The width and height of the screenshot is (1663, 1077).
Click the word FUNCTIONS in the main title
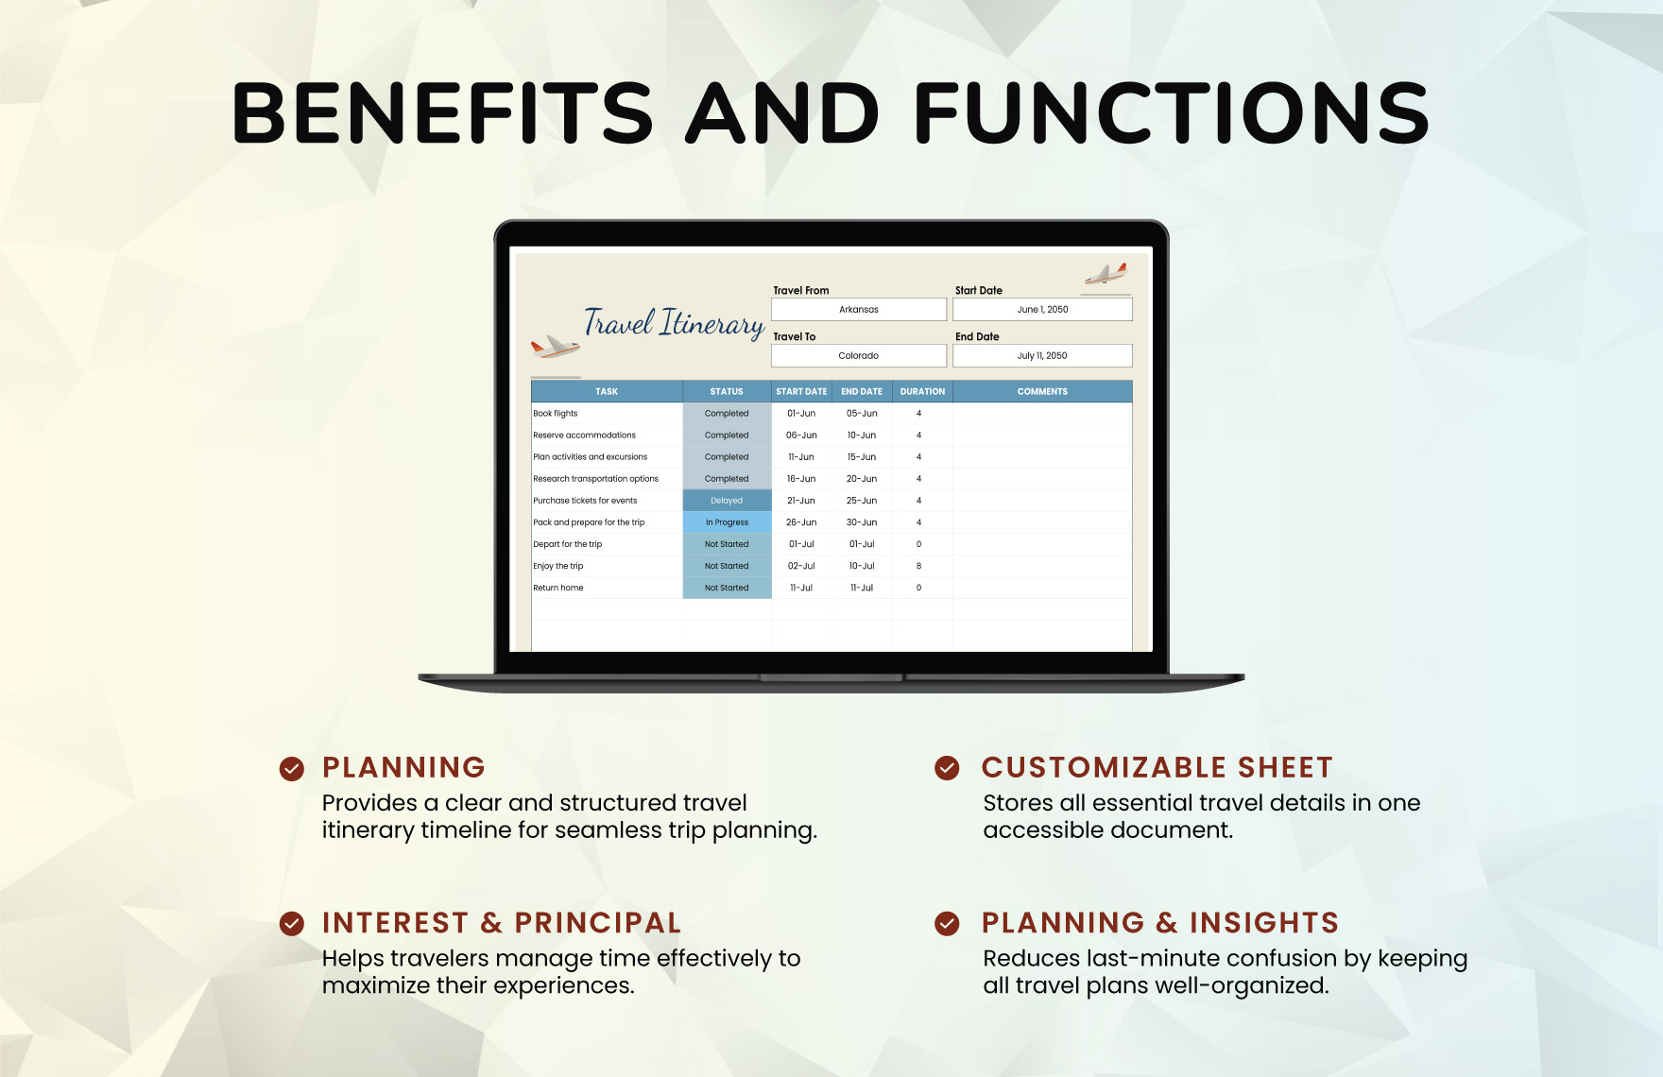pyautogui.click(x=1172, y=113)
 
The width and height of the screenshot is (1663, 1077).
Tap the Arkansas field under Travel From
pyautogui.click(x=859, y=310)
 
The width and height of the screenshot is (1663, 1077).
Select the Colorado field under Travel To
pyautogui.click(x=859, y=356)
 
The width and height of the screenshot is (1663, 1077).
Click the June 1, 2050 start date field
pyautogui.click(x=1042, y=310)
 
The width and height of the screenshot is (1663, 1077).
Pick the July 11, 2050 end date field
pyautogui.click(x=1042, y=356)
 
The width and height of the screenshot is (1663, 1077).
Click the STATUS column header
pyautogui.click(x=727, y=391)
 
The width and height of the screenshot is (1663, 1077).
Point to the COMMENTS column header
pyautogui.click(x=1042, y=391)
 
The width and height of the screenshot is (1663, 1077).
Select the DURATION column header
pyautogui.click(x=922, y=391)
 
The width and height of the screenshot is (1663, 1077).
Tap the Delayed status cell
pyautogui.click(x=727, y=501)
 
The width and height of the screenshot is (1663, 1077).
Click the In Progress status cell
pyautogui.click(x=727, y=522)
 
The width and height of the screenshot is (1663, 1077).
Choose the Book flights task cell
pyautogui.click(x=607, y=414)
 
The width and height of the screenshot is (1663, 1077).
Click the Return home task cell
pyautogui.click(x=607, y=588)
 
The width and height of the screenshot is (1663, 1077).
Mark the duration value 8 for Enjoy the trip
pyautogui.click(x=918, y=566)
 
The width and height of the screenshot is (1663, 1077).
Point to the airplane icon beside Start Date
pyautogui.click(x=1106, y=274)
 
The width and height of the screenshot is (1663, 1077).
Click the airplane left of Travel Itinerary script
pyautogui.click(x=555, y=347)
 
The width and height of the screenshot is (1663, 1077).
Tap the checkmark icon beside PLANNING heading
pyautogui.click(x=292, y=769)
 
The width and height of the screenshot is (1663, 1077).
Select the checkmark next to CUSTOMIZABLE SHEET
pyautogui.click(x=947, y=768)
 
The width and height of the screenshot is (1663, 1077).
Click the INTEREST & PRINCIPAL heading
pyautogui.click(x=502, y=923)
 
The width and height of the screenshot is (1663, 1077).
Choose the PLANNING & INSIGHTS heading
pyautogui.click(x=1160, y=923)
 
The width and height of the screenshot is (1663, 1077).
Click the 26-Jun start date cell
pyautogui.click(x=801, y=522)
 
